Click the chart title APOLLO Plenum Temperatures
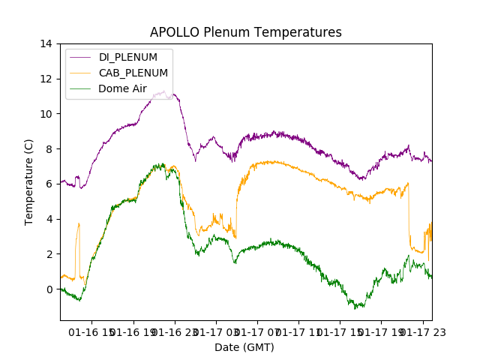245,32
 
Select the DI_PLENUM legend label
128,57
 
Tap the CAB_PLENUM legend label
133,73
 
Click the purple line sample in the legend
82,57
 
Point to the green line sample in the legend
82,88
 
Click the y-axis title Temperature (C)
29,182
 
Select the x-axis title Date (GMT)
244,347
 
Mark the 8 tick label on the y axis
49,149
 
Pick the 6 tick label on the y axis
49,184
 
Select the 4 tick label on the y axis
49,219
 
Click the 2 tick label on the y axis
49,254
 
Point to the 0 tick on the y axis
49,289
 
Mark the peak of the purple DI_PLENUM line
163,91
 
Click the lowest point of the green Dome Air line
356,308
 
